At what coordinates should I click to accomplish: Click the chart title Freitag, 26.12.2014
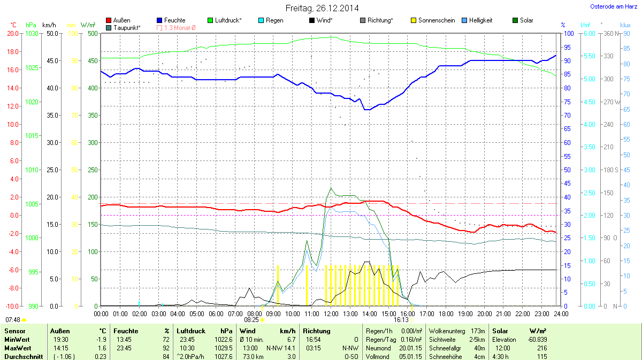321,8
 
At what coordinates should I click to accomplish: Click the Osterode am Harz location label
613,6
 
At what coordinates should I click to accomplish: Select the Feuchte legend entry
174,20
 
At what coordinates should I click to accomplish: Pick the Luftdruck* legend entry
228,20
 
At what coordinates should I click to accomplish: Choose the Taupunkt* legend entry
127,27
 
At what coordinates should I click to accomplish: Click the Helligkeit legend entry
480,20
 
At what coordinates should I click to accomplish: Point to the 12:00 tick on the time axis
331,313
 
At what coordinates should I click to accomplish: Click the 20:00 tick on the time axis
485,313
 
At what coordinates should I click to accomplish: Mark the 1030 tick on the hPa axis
32,33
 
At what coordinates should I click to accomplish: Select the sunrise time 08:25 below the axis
251,319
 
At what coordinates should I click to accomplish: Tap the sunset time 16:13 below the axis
401,319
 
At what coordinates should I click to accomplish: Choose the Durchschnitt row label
24,357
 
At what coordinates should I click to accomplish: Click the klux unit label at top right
625,25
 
